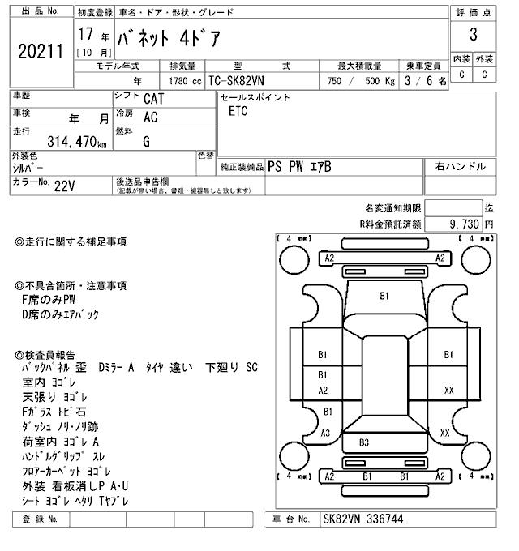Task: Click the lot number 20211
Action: tap(38, 52)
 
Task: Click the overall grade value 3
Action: tap(472, 35)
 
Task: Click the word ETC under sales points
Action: tap(238, 112)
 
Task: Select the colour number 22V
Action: tap(64, 185)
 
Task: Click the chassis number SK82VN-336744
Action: tap(362, 519)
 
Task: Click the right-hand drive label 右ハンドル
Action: tap(460, 166)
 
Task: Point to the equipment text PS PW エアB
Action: tap(299, 167)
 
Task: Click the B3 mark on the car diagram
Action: tap(363, 442)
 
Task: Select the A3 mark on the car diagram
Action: tap(325, 433)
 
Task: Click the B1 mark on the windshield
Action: tap(384, 296)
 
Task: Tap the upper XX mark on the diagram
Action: tap(448, 390)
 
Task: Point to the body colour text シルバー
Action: tap(28, 168)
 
